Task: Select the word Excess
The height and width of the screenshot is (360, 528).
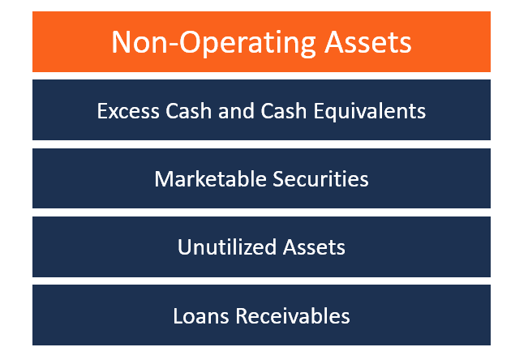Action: pyautogui.click(x=124, y=110)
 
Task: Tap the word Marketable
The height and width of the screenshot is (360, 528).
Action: pyautogui.click(x=204, y=178)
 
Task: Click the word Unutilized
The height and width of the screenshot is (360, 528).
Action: pyautogui.click(x=222, y=246)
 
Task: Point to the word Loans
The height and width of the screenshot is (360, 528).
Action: pyautogui.click(x=197, y=315)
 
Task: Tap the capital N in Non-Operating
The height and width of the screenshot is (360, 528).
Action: pyautogui.click(x=121, y=41)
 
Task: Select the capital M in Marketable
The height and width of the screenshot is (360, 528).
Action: pyautogui.click(x=162, y=178)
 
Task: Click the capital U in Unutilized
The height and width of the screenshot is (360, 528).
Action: pyautogui.click(x=183, y=246)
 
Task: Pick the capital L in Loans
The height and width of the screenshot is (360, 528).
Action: pyautogui.click(x=177, y=315)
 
